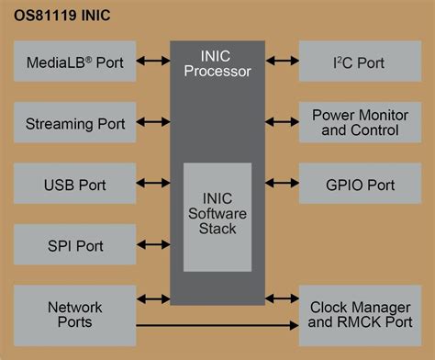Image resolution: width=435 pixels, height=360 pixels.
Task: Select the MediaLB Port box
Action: click(x=74, y=62)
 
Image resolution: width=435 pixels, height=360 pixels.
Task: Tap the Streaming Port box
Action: click(x=74, y=123)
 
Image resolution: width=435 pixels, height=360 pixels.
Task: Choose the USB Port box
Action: click(x=74, y=185)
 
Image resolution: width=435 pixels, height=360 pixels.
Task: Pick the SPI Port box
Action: click(x=74, y=245)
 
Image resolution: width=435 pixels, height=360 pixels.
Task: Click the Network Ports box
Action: click(x=74, y=314)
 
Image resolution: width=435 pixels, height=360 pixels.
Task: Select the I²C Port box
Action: click(x=359, y=62)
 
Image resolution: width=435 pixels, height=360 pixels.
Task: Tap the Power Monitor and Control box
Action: click(x=359, y=123)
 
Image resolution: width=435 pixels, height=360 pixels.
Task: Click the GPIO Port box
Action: click(x=359, y=185)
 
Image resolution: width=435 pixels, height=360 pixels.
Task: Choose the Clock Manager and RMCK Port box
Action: click(x=359, y=314)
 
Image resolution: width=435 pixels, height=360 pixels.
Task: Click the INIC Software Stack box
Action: click(x=217, y=217)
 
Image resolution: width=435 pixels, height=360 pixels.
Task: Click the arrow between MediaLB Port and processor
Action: click(x=152, y=62)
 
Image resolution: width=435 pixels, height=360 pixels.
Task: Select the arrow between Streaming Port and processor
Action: click(x=152, y=123)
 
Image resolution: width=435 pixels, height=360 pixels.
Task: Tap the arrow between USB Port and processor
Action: click(x=152, y=185)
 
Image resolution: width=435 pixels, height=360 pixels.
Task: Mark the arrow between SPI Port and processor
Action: click(x=152, y=245)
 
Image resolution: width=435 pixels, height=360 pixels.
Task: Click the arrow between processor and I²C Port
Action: click(x=281, y=62)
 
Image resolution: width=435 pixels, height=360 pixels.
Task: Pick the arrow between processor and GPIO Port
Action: click(x=281, y=185)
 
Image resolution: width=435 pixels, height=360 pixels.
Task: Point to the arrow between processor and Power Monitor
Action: click(x=281, y=123)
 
